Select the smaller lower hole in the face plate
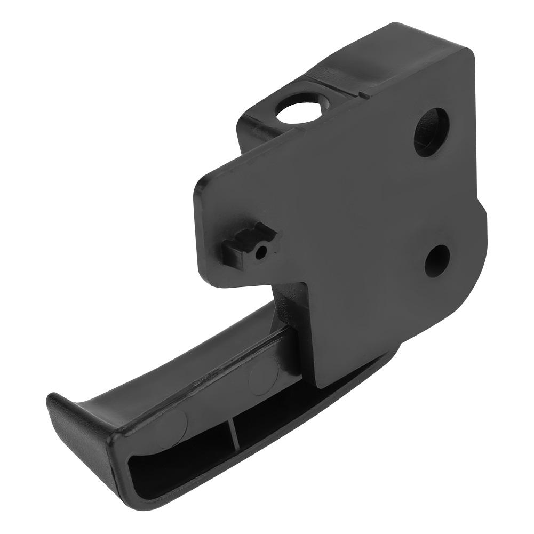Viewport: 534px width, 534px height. click(437, 260)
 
